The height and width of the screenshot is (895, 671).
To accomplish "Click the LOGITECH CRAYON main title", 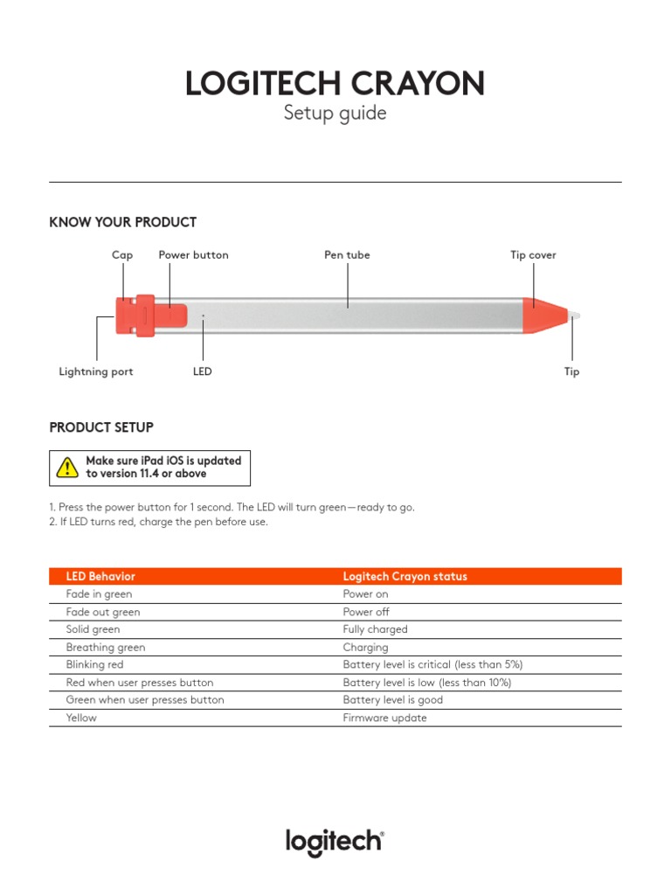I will (x=335, y=84).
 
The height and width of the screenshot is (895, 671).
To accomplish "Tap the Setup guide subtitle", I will (x=335, y=114).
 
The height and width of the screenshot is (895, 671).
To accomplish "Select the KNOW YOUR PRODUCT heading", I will (x=122, y=222).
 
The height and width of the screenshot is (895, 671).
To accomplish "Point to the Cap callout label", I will (x=122, y=255).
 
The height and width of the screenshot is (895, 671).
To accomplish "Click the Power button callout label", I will (x=193, y=255).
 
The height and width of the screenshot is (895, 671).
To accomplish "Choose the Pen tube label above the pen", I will (x=347, y=255).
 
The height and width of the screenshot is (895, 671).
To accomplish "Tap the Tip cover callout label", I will (x=533, y=255).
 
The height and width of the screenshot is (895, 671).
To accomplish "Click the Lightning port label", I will (x=96, y=371).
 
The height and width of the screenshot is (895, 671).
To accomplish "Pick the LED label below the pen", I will (x=203, y=371).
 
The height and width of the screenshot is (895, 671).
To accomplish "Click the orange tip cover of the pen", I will (x=542, y=315).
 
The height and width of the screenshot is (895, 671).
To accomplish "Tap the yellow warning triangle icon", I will (x=67, y=468).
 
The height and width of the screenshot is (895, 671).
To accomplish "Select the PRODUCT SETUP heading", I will (x=101, y=427).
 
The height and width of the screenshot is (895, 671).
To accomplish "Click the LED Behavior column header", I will (x=100, y=576).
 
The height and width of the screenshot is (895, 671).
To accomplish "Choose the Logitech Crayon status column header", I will (x=405, y=576).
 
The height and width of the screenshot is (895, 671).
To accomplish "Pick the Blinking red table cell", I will (x=94, y=664).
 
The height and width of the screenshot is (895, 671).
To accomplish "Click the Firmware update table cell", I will (x=384, y=718).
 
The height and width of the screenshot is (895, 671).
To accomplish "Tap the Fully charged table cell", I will (x=375, y=629).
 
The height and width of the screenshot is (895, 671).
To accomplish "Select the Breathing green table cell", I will (x=106, y=647).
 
